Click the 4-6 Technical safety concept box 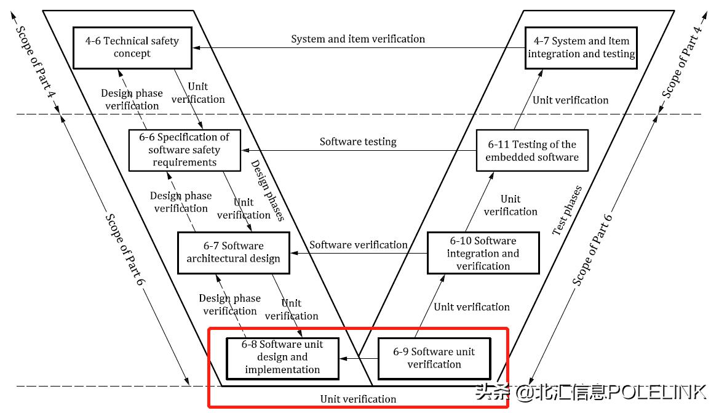(x=132, y=47)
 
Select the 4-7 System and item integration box (x=581, y=47)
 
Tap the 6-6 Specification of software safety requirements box (x=185, y=150)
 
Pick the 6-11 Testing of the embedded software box (x=532, y=151)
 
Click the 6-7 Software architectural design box (x=233, y=252)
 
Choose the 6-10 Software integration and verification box (x=483, y=253)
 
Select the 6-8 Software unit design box (x=282, y=357)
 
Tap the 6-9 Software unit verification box (x=434, y=358)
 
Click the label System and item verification (x=358, y=39)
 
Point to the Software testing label (x=358, y=142)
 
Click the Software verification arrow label (x=358, y=244)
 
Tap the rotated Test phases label (x=567, y=211)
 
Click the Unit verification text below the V (x=358, y=399)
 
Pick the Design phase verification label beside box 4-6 (x=132, y=99)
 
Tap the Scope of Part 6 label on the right (x=593, y=249)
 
